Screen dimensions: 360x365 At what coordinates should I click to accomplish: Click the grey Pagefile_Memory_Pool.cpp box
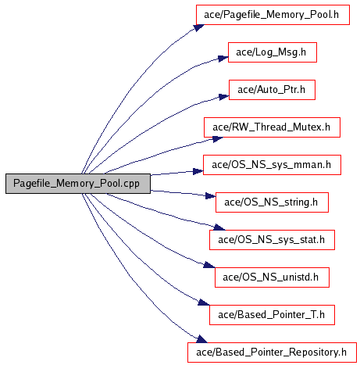point(78,184)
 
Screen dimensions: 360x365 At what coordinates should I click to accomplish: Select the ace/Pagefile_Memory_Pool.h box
point(273,15)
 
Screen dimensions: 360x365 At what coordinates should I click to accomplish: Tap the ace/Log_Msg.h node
point(273,52)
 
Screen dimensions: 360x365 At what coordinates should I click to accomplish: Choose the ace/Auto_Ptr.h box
point(272,90)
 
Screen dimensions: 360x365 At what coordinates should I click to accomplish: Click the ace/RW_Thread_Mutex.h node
point(272,127)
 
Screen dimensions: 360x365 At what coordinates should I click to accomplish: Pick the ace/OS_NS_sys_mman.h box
point(272,165)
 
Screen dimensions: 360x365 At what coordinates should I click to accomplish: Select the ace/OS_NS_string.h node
point(272,202)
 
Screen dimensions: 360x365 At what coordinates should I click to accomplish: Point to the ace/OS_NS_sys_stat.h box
point(272,240)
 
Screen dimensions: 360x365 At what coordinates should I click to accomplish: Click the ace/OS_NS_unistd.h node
point(272,277)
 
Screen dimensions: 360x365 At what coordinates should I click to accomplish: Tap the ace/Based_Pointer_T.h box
point(272,315)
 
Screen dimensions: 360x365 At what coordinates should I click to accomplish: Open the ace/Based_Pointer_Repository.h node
point(272,352)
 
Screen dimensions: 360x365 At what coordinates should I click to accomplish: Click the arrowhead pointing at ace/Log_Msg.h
point(223,59)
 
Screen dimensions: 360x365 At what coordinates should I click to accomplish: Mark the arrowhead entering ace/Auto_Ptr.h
point(224,97)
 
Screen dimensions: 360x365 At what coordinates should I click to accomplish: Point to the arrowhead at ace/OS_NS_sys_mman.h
point(198,171)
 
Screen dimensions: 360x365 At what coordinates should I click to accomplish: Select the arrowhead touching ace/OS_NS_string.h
point(211,195)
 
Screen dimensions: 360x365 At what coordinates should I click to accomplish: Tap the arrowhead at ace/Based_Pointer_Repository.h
point(202,339)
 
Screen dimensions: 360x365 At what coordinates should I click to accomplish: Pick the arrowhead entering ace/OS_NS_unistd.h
point(209,265)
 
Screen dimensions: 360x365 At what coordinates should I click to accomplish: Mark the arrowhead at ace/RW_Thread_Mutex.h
point(218,139)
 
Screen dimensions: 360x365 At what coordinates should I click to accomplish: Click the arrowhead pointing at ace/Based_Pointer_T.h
point(204,302)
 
